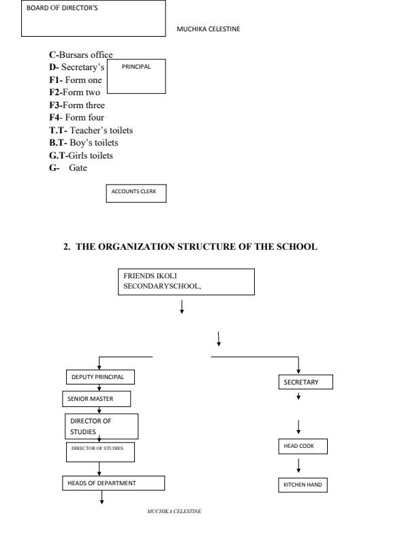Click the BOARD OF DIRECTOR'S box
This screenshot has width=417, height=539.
(x=93, y=18)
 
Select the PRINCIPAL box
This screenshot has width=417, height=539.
(x=137, y=76)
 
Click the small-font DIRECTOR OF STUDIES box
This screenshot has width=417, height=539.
(x=100, y=450)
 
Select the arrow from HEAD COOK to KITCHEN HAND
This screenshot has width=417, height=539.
(x=299, y=466)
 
